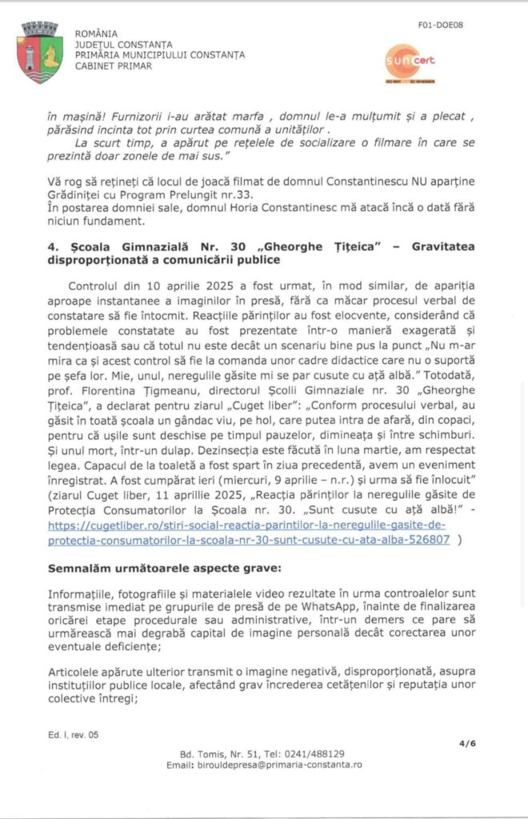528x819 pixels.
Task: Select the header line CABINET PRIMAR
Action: [113, 66]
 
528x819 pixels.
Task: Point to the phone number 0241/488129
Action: [319, 754]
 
